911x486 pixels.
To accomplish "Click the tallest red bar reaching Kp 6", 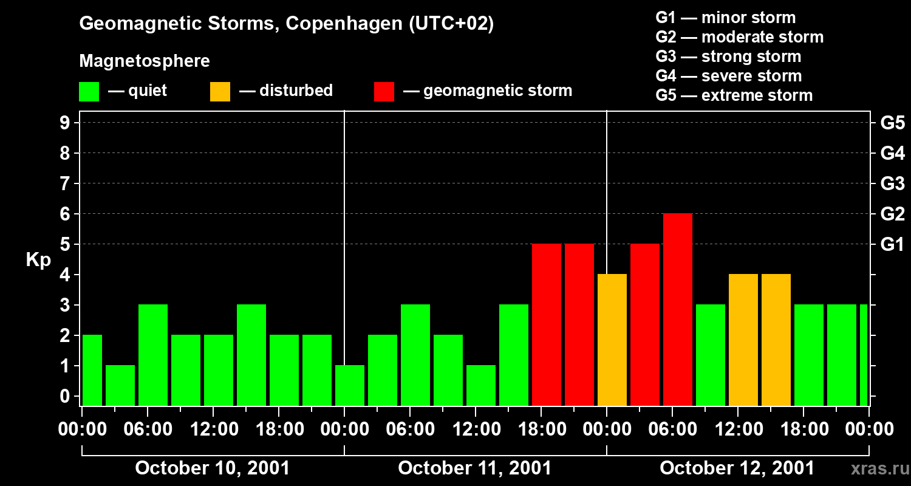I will (x=678, y=309).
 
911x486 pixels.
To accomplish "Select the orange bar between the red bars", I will (x=612, y=340).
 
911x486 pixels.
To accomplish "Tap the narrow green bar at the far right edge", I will (x=864, y=355).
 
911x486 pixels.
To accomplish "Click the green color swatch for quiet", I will (x=89, y=92).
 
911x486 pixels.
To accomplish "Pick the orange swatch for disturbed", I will (x=220, y=92).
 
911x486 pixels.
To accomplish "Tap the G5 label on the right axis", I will (x=892, y=123).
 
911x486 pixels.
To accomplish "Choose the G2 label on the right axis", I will (x=892, y=214).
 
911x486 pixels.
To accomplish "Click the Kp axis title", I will (x=38, y=260).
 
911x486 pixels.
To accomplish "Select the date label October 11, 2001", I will (x=474, y=468).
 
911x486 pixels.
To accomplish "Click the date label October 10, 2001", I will (x=212, y=468).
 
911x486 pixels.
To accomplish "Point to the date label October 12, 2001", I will (x=737, y=468).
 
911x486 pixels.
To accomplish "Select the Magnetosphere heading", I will (x=145, y=61).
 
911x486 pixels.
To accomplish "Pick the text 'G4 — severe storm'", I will (x=728, y=76).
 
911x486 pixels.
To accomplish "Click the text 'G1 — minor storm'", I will (x=725, y=18).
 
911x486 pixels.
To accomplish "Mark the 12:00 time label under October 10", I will (x=213, y=430).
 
